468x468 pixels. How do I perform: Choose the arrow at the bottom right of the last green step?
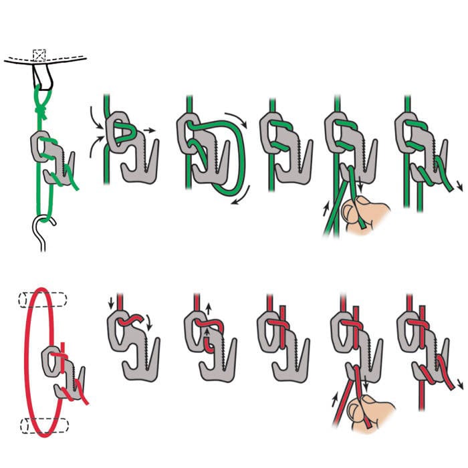(457, 184)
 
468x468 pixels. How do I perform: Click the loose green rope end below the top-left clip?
(76, 185)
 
